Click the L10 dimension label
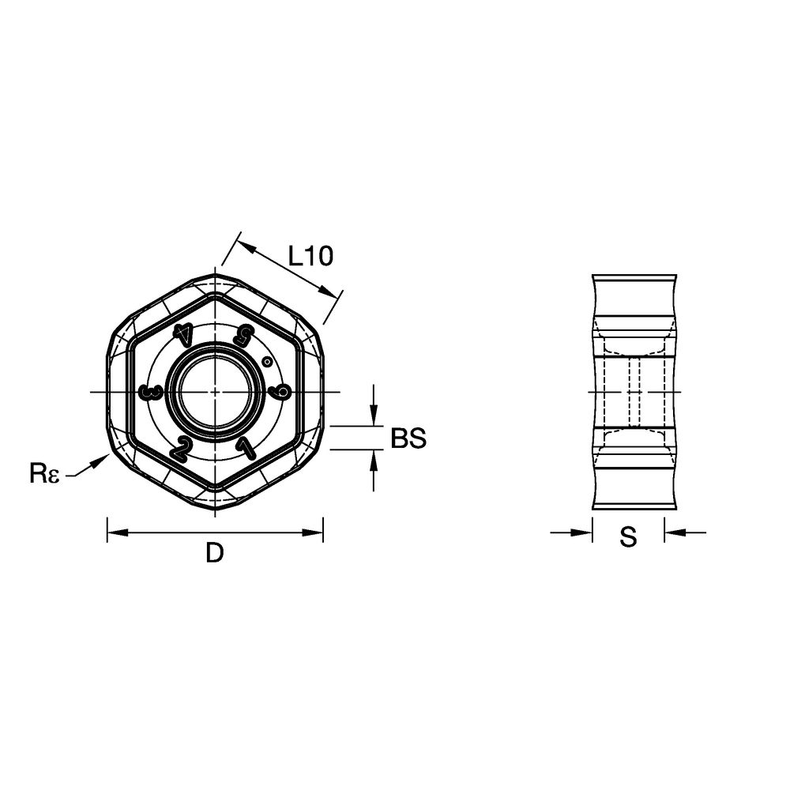pos(310,256)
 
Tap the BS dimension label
pos(408,438)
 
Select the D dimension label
pos(215,553)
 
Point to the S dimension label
pos(628,536)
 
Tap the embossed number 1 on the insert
pos(246,447)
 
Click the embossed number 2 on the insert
pos(180,448)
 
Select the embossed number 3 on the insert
pos(151,392)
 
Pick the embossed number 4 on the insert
pos(182,334)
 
